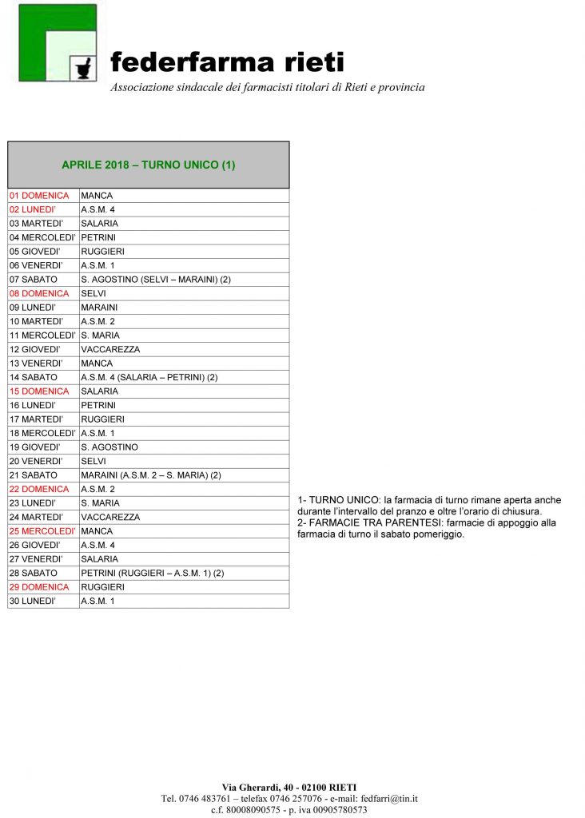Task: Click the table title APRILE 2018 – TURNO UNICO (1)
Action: click(148, 165)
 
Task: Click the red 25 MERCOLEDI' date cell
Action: click(42, 531)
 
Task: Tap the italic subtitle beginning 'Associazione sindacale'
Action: click(267, 87)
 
